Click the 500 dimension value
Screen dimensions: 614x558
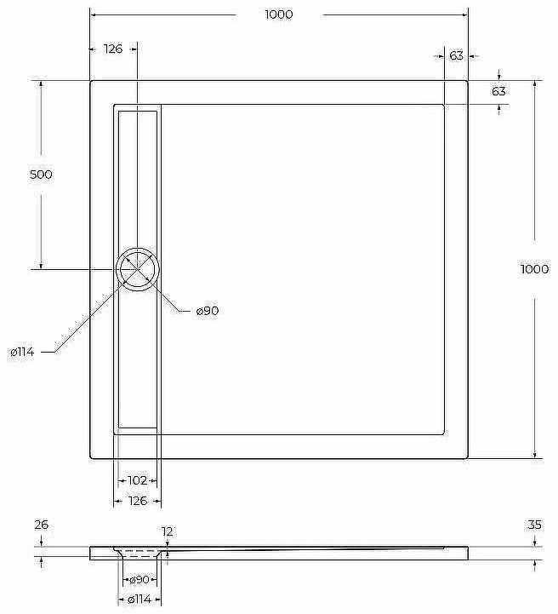(x=41, y=175)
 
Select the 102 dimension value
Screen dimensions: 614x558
(x=137, y=480)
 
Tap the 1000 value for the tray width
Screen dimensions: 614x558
(x=279, y=14)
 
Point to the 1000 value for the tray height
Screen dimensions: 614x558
(x=534, y=269)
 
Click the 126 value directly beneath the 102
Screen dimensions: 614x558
(x=137, y=501)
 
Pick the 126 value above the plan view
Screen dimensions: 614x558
(x=113, y=49)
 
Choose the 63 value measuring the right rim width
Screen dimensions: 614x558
(x=456, y=55)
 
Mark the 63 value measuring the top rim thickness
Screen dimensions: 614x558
(x=498, y=91)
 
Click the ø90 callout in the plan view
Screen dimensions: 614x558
(x=208, y=312)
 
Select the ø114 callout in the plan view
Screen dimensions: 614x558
(x=21, y=352)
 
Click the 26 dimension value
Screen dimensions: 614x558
(x=41, y=525)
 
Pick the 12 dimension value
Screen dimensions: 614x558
(x=168, y=531)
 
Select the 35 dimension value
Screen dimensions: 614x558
(x=534, y=525)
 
